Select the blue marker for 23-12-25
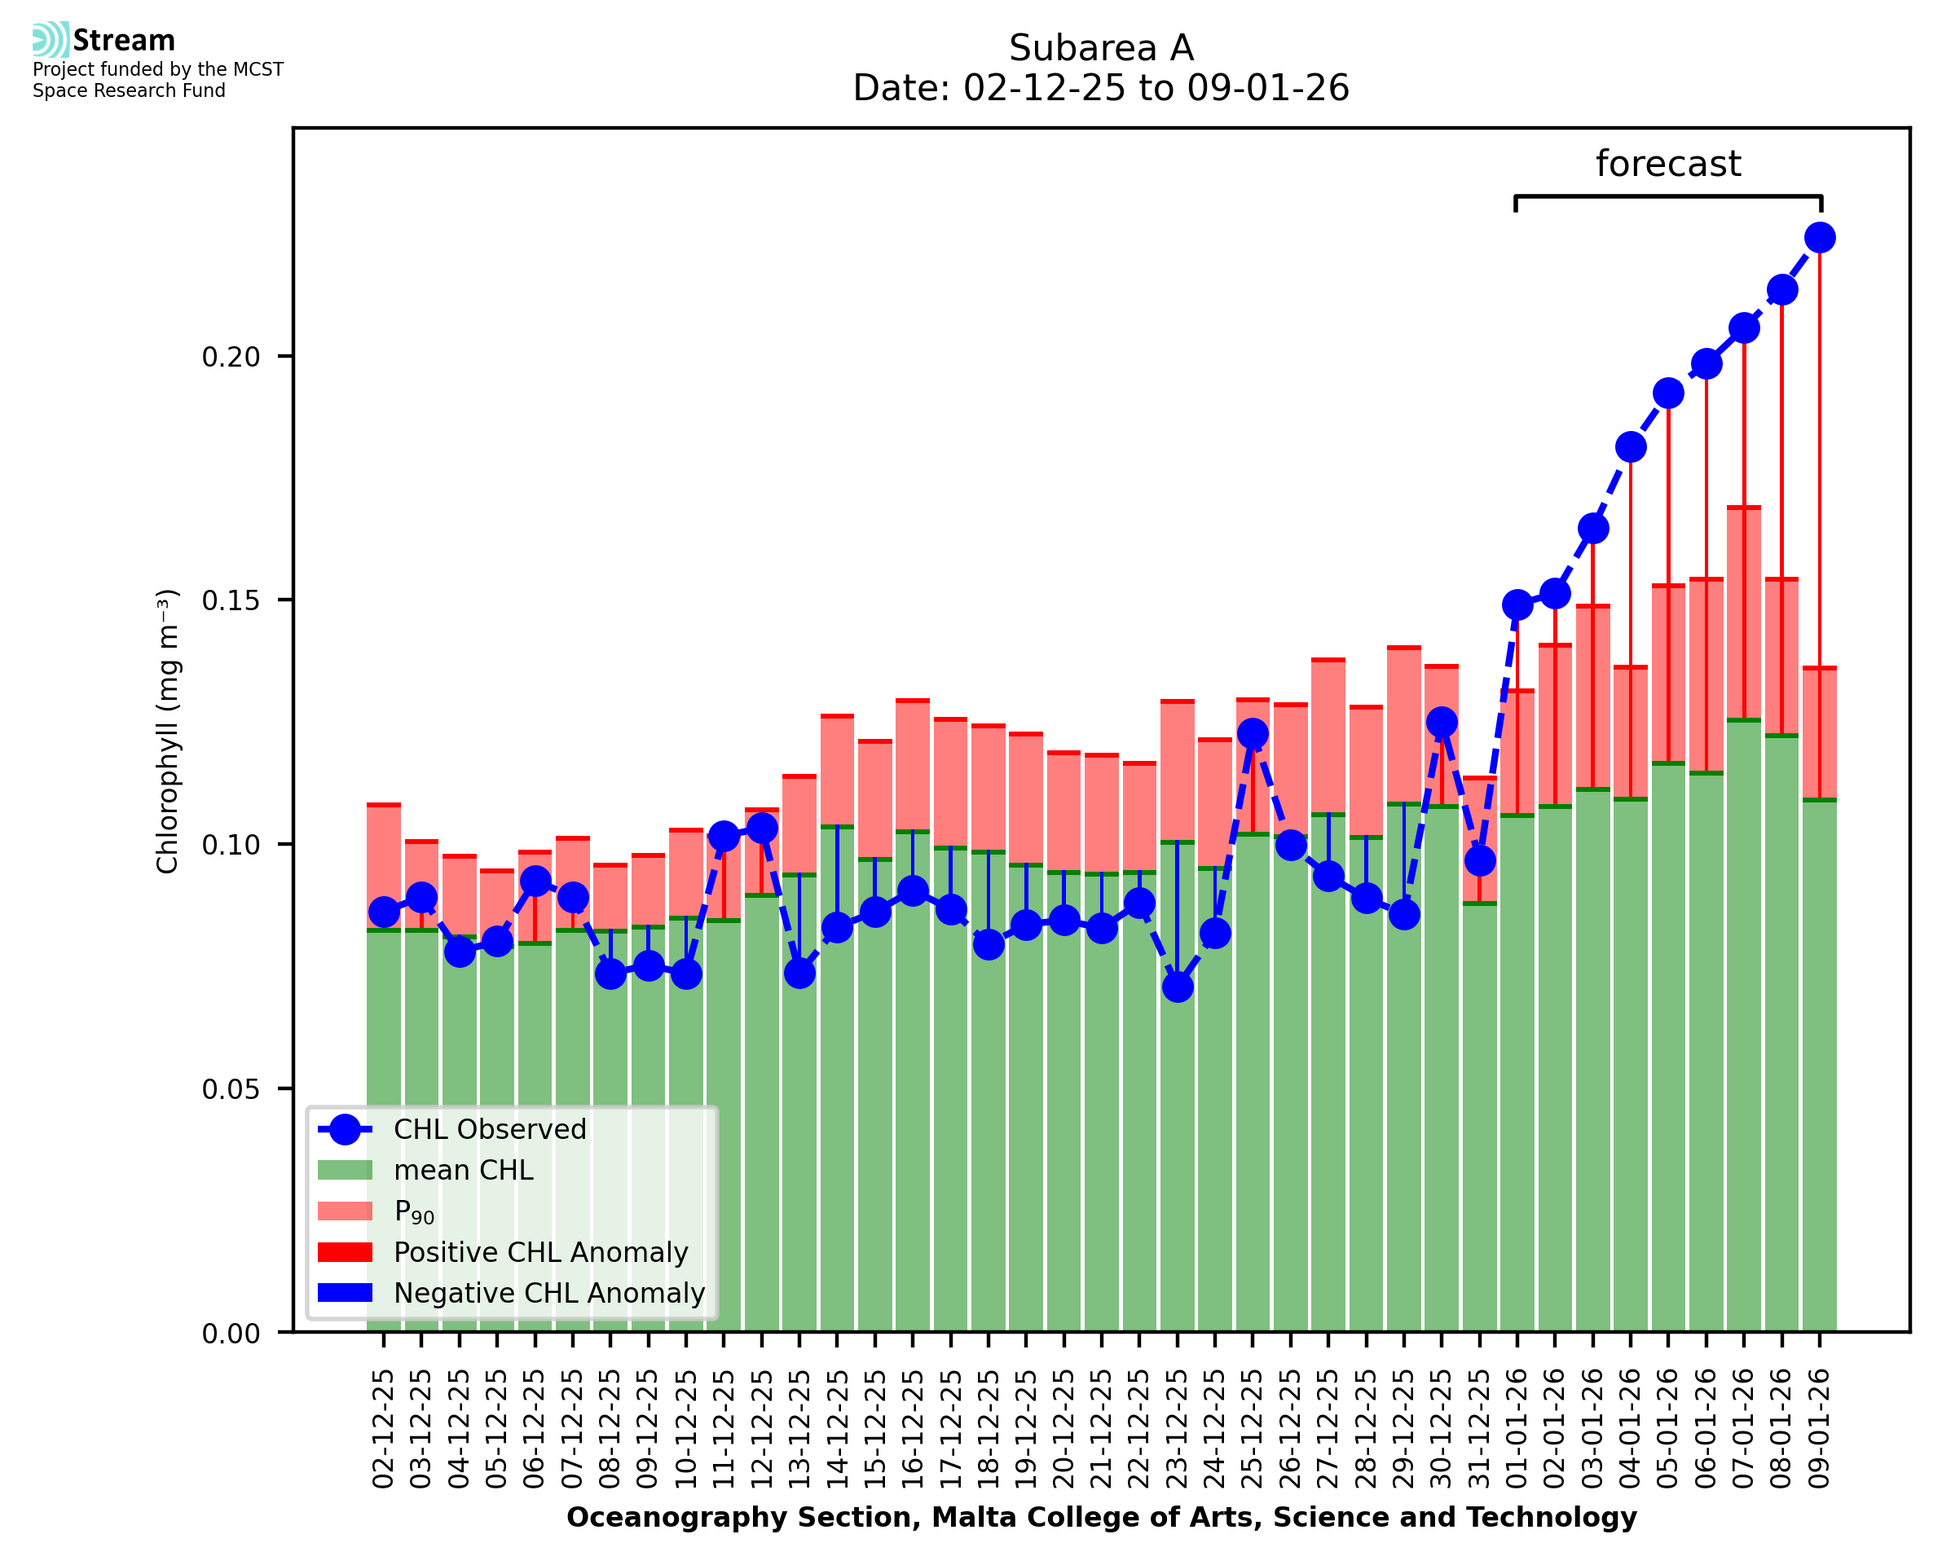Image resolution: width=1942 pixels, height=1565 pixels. (1177, 987)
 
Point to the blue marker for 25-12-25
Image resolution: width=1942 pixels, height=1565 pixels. (1252, 734)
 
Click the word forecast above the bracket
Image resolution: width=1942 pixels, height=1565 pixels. (1667, 164)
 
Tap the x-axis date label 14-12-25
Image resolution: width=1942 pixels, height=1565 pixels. (837, 1429)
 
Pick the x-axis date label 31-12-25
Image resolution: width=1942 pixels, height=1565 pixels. (1478, 1429)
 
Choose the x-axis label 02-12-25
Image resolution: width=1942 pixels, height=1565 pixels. (383, 1429)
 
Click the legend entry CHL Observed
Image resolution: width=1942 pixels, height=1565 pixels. (490, 1130)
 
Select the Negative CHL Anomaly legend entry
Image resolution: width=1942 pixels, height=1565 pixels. (548, 1293)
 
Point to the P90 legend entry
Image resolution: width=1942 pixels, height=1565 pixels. (414, 1211)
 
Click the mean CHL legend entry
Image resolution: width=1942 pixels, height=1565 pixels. (464, 1170)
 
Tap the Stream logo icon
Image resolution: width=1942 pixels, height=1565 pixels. (51, 39)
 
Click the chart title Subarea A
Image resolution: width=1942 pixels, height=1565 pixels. (1100, 48)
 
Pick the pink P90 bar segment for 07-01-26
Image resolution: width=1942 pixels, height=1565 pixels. (1743, 613)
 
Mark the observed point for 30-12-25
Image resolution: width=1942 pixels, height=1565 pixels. (1441, 722)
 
